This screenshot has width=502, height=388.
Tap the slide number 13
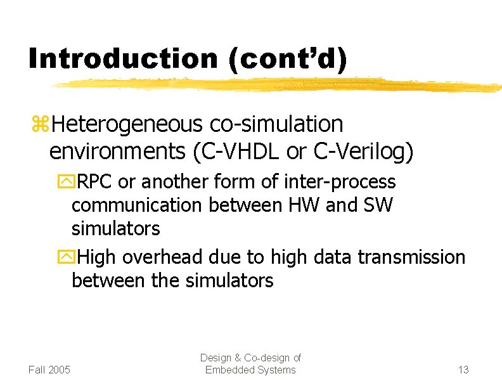point(463,370)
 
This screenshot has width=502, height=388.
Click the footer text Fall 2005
point(49,370)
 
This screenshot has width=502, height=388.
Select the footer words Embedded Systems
point(250,370)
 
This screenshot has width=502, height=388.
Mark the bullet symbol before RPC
point(65,183)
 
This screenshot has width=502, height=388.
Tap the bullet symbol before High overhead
point(65,258)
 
